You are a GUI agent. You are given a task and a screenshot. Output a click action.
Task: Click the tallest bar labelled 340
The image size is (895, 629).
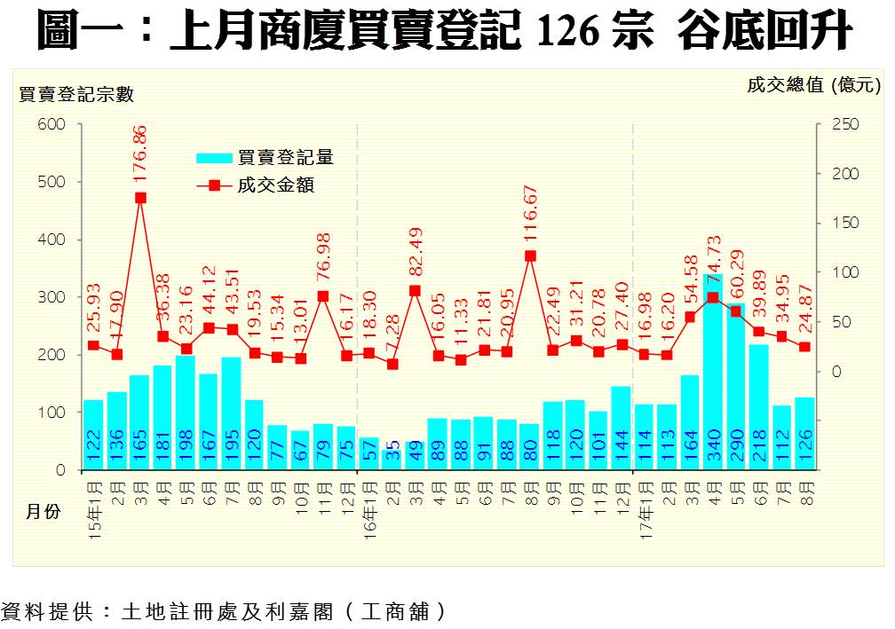[x=713, y=373]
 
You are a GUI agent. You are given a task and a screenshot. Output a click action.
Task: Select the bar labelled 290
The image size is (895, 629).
[x=736, y=387]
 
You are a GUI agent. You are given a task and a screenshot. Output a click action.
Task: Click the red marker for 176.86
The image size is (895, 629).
[x=140, y=198]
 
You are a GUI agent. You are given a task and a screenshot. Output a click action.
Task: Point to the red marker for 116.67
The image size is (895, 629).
[x=530, y=256]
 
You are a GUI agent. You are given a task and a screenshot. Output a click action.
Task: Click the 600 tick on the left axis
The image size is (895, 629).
[x=52, y=125]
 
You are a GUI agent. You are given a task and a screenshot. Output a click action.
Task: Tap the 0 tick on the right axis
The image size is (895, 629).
[x=836, y=372]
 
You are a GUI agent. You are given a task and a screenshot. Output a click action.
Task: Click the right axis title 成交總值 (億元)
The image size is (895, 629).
[x=813, y=85]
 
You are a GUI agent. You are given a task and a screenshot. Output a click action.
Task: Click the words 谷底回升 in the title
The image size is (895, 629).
[x=764, y=33]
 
